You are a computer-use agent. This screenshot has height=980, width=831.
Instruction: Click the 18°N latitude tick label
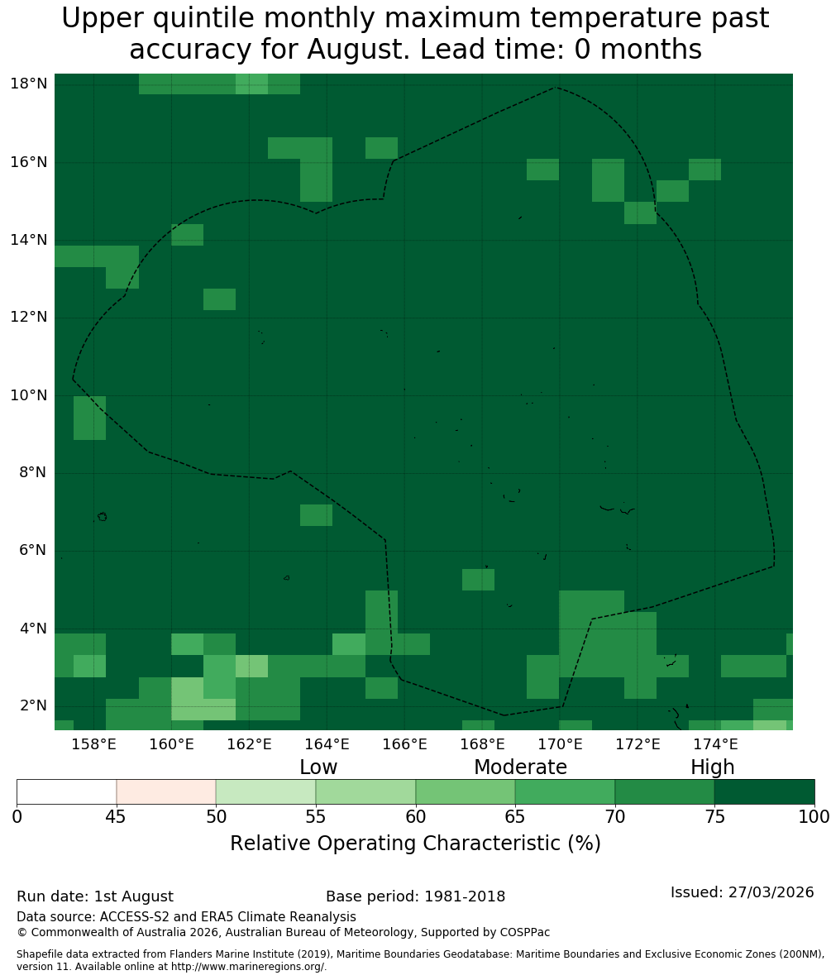pos(29,84)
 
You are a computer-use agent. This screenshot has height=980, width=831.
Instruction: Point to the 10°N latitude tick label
pos(29,395)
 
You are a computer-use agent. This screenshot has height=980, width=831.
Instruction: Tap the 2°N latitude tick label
pos(33,705)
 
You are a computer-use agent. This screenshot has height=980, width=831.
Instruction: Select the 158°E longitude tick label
pos(93,744)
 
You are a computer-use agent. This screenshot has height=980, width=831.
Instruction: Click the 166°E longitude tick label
pos(405,744)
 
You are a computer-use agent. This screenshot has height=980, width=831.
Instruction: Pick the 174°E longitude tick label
pos(715,744)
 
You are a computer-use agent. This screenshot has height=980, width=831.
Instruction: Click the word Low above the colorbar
pos(318,767)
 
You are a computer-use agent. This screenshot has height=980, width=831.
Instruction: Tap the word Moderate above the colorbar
pos(520,767)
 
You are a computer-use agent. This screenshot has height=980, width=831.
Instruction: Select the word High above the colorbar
pos(712,767)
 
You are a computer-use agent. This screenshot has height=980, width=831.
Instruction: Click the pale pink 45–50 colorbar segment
pos(166,792)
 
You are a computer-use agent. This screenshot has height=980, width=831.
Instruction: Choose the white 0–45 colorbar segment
pos(67,792)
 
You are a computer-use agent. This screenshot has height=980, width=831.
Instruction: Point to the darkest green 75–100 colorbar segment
pos(764,792)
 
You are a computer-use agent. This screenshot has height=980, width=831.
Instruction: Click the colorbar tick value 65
pos(515,817)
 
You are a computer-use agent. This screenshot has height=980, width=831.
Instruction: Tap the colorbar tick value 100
pos(814,817)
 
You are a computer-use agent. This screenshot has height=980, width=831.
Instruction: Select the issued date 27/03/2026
pos(771,892)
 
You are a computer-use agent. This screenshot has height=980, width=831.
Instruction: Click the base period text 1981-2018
pos(465,896)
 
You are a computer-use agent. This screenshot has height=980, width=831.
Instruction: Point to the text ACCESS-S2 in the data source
pos(134,917)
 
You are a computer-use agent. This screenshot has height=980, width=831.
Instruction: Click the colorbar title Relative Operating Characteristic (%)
pos(415,843)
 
